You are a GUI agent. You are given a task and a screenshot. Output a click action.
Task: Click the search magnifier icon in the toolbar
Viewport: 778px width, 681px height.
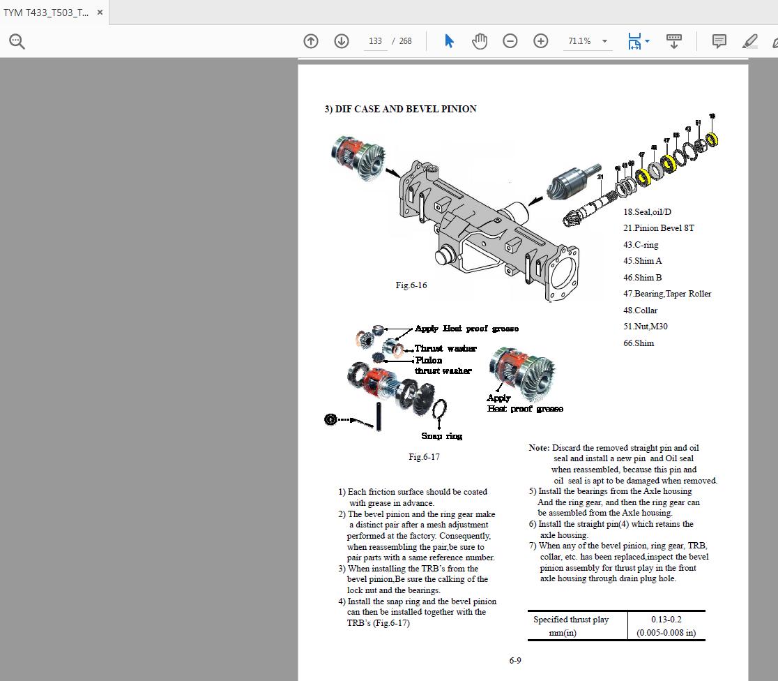click(17, 41)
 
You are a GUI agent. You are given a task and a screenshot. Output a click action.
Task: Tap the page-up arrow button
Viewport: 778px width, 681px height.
click(311, 41)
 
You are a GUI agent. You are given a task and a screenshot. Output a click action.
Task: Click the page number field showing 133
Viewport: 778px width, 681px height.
click(375, 41)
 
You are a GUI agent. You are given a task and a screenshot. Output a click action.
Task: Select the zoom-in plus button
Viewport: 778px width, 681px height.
click(540, 41)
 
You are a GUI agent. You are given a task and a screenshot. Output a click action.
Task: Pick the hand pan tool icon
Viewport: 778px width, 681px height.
click(480, 41)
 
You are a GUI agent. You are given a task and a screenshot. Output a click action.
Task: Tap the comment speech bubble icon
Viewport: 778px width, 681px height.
click(719, 41)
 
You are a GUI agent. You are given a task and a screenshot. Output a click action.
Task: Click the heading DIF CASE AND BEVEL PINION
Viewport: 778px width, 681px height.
click(400, 109)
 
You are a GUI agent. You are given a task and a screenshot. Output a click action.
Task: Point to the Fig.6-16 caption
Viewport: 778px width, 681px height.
click(411, 285)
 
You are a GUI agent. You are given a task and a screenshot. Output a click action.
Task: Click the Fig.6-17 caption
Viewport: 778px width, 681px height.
click(424, 457)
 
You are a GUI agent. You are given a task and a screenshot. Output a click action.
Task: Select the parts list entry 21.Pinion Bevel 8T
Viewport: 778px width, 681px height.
click(658, 228)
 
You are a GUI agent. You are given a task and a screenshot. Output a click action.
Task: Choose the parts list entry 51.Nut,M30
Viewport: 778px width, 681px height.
click(646, 327)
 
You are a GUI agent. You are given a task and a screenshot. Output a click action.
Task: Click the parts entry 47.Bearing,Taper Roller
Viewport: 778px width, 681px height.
click(666, 294)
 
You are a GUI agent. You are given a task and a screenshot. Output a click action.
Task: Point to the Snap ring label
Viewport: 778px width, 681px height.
click(441, 436)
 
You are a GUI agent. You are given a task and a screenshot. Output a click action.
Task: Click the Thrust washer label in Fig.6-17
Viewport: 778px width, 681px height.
click(445, 348)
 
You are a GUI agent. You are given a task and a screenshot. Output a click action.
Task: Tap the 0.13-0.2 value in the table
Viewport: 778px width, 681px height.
click(666, 620)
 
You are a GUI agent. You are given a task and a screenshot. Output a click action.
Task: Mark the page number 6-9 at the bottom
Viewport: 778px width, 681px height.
click(515, 661)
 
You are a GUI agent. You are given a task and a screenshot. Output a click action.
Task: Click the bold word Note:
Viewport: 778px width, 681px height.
click(539, 448)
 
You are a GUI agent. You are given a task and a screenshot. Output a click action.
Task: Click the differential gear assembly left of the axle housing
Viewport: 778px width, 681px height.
click(358, 158)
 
